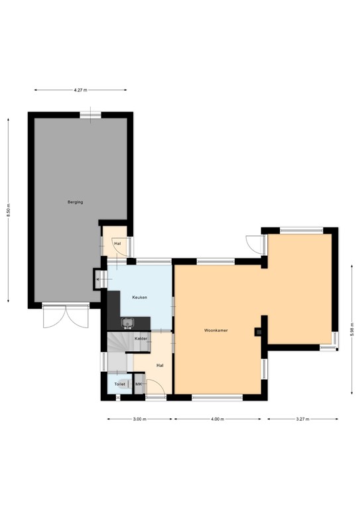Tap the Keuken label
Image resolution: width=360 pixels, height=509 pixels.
(140, 298)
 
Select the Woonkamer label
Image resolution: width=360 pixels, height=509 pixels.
(216, 329)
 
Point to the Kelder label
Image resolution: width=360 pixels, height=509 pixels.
(141, 339)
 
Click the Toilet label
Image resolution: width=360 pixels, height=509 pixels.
(119, 384)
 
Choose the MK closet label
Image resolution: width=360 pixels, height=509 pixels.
(139, 384)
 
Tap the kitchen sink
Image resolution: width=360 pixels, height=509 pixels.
(129, 323)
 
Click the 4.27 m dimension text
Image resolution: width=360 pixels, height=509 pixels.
(80, 90)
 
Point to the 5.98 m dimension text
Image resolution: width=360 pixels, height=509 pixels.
(352, 329)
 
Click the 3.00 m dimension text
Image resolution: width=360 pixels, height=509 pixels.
(139, 419)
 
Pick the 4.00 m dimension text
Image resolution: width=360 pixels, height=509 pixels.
(218, 419)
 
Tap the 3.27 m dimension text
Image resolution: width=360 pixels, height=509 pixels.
(302, 419)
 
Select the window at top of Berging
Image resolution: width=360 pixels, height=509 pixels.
(91, 115)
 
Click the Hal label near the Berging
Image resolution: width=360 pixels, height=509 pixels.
(117, 244)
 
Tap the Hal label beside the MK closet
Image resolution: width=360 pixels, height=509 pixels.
(160, 365)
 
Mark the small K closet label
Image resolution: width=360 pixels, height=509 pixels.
(98, 280)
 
